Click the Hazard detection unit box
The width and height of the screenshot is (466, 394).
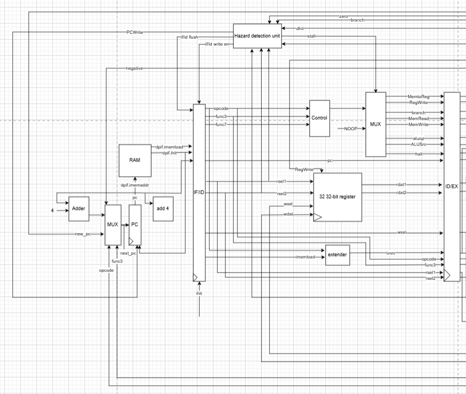[x=257, y=36]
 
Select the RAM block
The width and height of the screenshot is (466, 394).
[x=135, y=160]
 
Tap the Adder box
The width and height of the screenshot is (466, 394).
[x=79, y=209]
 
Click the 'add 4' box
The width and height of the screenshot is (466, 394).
[x=163, y=209]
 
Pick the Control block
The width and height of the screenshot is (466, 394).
[x=319, y=118]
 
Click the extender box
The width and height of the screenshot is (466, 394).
[x=337, y=255]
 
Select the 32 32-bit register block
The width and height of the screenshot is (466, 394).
[x=337, y=196]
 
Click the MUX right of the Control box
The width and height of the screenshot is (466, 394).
[x=376, y=124]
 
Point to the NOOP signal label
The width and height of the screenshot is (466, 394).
[x=350, y=128]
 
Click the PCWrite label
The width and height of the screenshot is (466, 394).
[x=134, y=32]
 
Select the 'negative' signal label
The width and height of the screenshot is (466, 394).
[x=134, y=69]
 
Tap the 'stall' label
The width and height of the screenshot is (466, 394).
[x=311, y=36]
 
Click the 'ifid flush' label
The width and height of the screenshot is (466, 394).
[x=189, y=37]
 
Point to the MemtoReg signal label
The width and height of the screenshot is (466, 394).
[x=418, y=96]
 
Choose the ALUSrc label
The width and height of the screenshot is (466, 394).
[x=418, y=145]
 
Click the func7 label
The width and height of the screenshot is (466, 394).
[x=221, y=124]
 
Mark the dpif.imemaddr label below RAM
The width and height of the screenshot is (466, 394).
[x=135, y=185]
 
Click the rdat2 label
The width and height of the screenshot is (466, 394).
[x=401, y=193]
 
